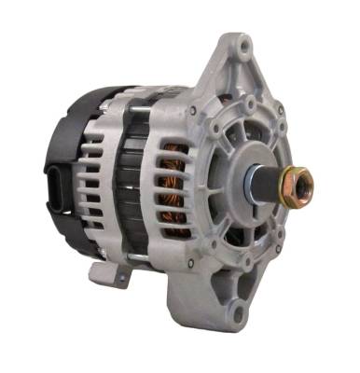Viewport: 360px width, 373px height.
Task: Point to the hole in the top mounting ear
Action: [x=243, y=43]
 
